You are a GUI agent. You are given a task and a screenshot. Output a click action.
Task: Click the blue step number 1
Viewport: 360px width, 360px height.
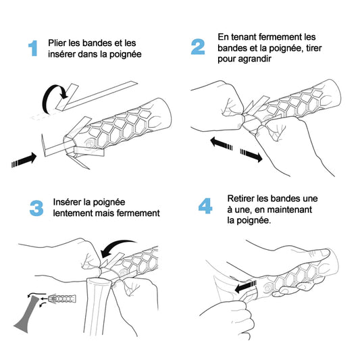click(32, 49)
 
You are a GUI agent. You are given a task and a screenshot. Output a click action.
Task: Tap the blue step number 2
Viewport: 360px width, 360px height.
click(198, 47)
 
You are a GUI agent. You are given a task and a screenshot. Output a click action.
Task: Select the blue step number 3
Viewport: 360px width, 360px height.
click(36, 208)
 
